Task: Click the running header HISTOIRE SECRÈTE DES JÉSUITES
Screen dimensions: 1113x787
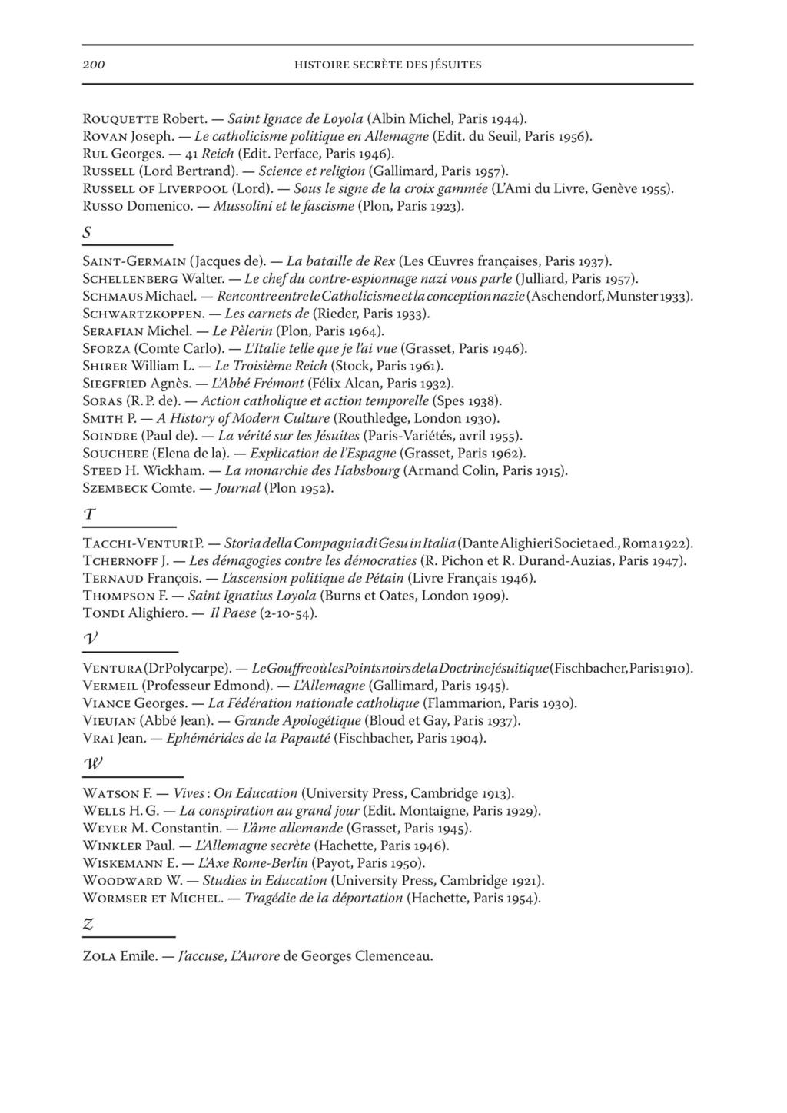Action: pos(388,65)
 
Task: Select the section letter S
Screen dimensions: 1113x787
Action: pos(87,231)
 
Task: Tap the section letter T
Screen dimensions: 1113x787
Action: pos(88,513)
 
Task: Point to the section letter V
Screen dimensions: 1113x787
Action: pos(90,639)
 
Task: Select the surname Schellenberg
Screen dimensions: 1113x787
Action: pos(131,280)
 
